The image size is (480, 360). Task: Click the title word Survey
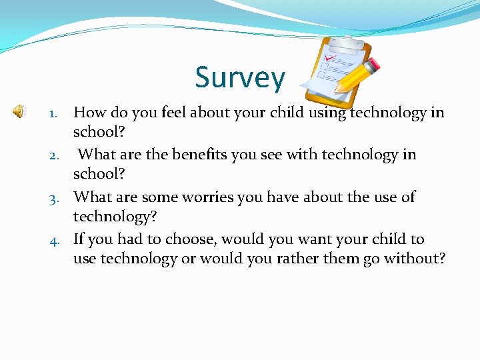239,78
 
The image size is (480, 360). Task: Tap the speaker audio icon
19,111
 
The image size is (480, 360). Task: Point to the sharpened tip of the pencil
337,91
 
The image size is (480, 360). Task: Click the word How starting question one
88,112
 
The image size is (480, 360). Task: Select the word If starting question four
79,239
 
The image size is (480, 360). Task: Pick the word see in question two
269,155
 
